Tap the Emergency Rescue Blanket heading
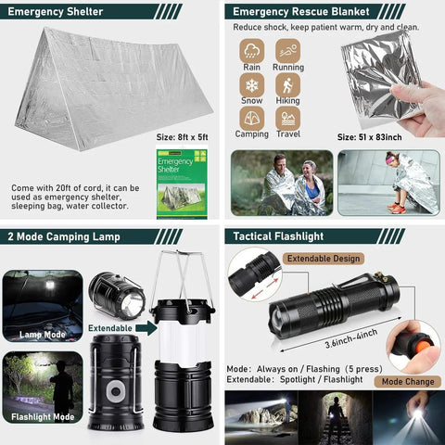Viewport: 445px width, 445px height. click(288, 12)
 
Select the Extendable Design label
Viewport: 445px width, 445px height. click(323, 258)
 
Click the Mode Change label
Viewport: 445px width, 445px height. click(405, 381)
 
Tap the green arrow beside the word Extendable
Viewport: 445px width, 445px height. click(145, 327)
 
